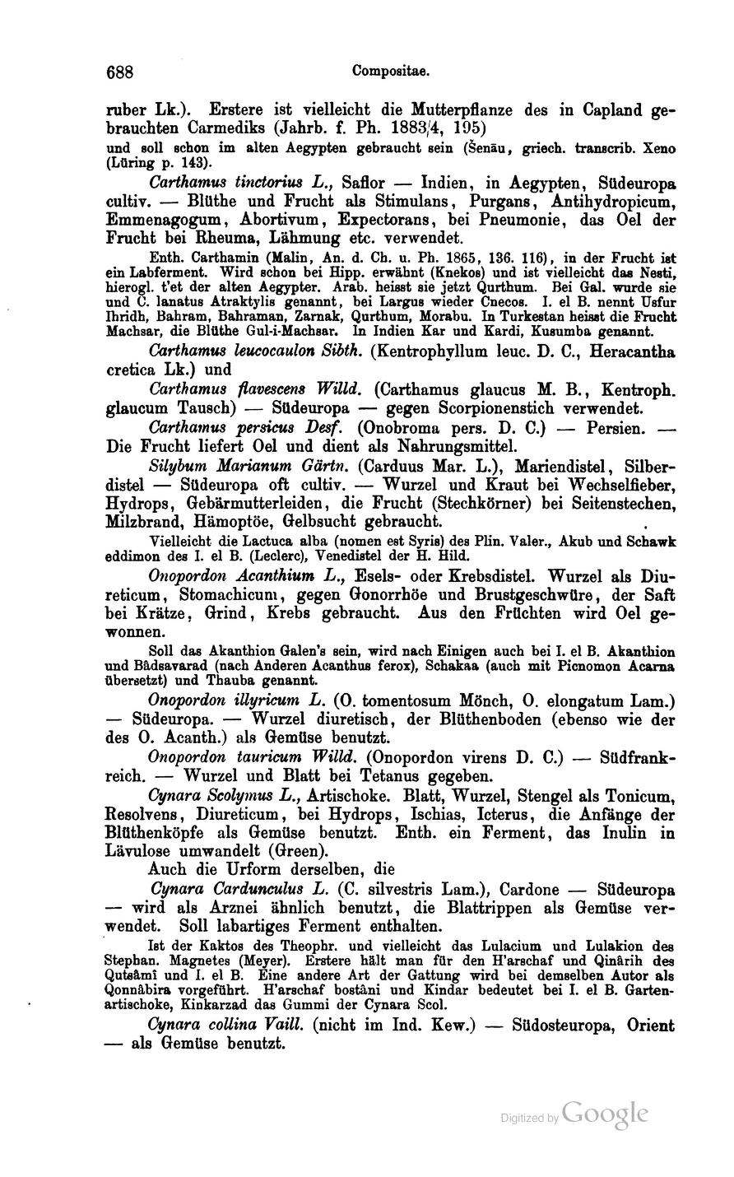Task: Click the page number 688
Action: click(120, 72)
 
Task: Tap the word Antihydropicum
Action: click(600, 202)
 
